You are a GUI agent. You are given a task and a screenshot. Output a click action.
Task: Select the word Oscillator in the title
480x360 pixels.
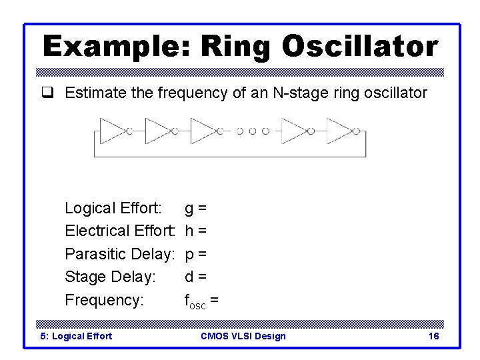point(360,47)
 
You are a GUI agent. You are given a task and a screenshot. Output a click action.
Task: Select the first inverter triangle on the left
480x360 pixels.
point(111,131)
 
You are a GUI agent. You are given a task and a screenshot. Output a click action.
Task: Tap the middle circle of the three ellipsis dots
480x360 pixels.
point(253,131)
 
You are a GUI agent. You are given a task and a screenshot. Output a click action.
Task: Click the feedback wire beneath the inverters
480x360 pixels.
point(230,156)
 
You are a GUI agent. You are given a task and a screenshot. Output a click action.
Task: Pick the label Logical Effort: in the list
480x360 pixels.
point(113,209)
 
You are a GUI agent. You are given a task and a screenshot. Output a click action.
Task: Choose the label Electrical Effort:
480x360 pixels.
point(119,231)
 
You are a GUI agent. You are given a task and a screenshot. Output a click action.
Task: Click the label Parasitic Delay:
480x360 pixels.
point(119,254)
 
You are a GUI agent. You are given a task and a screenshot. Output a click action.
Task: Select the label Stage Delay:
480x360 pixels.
point(110,277)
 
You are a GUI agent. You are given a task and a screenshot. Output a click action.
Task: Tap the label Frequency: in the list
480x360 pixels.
point(104,300)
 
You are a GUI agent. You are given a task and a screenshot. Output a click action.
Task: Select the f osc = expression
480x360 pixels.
point(201,301)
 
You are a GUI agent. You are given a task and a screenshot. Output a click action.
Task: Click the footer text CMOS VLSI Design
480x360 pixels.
point(243,336)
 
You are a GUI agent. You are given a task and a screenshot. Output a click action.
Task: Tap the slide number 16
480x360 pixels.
point(433,336)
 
